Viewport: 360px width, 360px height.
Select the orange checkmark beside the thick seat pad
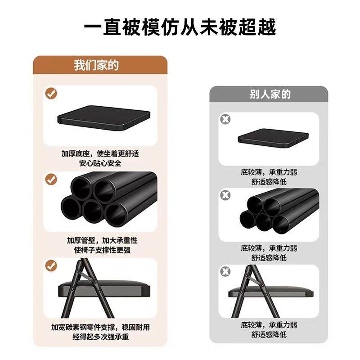tap(51, 94)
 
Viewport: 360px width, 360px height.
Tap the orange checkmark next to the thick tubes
tap(51, 179)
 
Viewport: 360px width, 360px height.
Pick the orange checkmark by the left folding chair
tap(51, 265)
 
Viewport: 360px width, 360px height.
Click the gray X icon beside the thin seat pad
tap(225, 119)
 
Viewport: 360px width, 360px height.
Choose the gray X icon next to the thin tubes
tap(225, 195)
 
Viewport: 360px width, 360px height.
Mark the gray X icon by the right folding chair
tap(225, 271)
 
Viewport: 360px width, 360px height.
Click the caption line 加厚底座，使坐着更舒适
tap(100, 153)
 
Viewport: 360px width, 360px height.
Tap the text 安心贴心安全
tap(100, 163)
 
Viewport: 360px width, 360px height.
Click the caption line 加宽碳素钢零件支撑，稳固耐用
tap(100, 327)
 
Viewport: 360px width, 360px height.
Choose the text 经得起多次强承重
tap(100, 337)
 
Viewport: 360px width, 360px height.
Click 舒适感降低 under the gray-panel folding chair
tap(269, 334)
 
